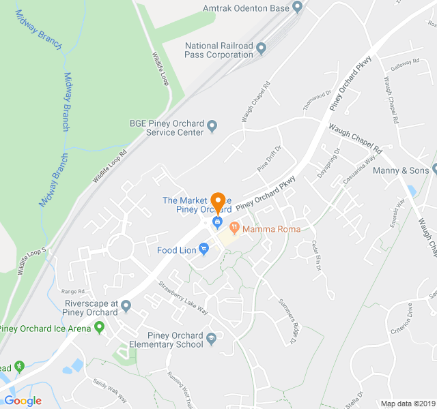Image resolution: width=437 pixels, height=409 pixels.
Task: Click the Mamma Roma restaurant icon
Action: (234, 228)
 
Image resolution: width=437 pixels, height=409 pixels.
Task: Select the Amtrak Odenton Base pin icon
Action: (297, 8)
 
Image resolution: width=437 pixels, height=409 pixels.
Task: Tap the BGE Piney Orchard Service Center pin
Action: (212, 126)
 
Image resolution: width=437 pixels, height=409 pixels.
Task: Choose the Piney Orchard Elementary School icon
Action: (212, 339)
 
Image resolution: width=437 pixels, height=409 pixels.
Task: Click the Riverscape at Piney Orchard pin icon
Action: (126, 312)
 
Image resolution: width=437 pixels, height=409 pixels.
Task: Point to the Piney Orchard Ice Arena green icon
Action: (100, 328)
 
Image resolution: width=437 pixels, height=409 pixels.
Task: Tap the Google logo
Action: (23, 401)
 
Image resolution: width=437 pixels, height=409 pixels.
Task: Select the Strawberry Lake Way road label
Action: (183, 298)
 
